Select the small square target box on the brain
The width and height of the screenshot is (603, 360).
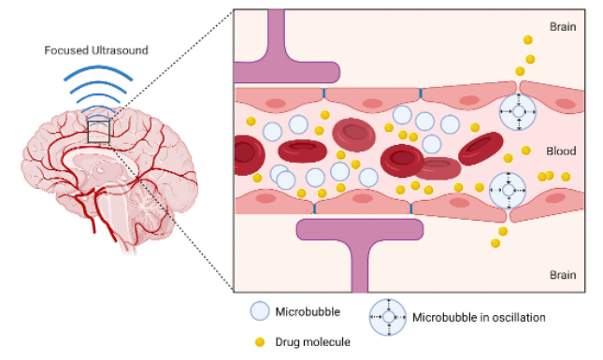click(100, 130)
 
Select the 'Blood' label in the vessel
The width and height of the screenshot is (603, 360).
click(561, 151)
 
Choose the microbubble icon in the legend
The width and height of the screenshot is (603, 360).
click(260, 311)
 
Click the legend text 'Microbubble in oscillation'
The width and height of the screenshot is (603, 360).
click(479, 318)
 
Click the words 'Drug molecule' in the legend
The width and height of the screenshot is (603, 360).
click(313, 342)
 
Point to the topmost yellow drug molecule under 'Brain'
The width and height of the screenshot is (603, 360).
click(528, 40)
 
